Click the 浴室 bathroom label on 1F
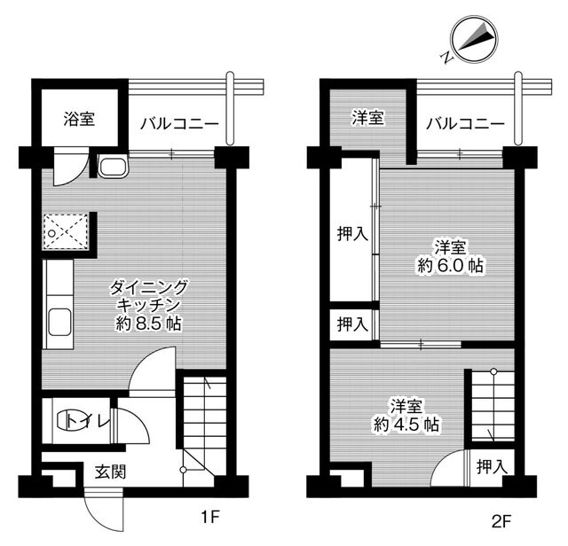coord(80,117)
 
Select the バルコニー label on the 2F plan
coord(464,123)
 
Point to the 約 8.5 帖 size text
coord(148,324)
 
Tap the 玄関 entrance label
coord(110,471)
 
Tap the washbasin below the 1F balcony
coord(112,168)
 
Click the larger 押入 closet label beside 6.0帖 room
coord(352,234)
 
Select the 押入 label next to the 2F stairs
coord(490,465)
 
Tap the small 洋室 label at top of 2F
coord(366,117)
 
